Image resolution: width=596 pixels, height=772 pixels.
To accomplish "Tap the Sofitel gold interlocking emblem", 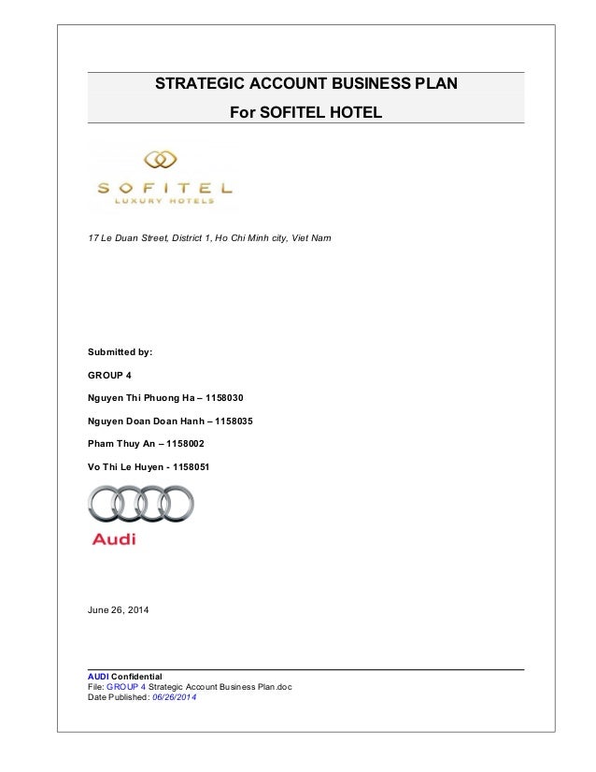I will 161,160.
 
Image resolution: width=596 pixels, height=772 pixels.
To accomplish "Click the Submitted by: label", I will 120,352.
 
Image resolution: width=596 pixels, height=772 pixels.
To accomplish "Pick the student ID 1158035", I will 234,421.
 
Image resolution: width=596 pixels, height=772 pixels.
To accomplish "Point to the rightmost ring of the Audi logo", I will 176,505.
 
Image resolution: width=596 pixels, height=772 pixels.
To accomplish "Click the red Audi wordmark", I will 114,539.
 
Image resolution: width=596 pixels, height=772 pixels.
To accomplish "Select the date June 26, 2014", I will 118,610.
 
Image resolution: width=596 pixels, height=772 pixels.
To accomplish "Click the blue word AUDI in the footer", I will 97,676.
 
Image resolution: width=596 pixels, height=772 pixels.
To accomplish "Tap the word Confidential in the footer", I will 136,676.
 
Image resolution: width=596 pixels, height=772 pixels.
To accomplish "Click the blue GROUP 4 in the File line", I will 126,687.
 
